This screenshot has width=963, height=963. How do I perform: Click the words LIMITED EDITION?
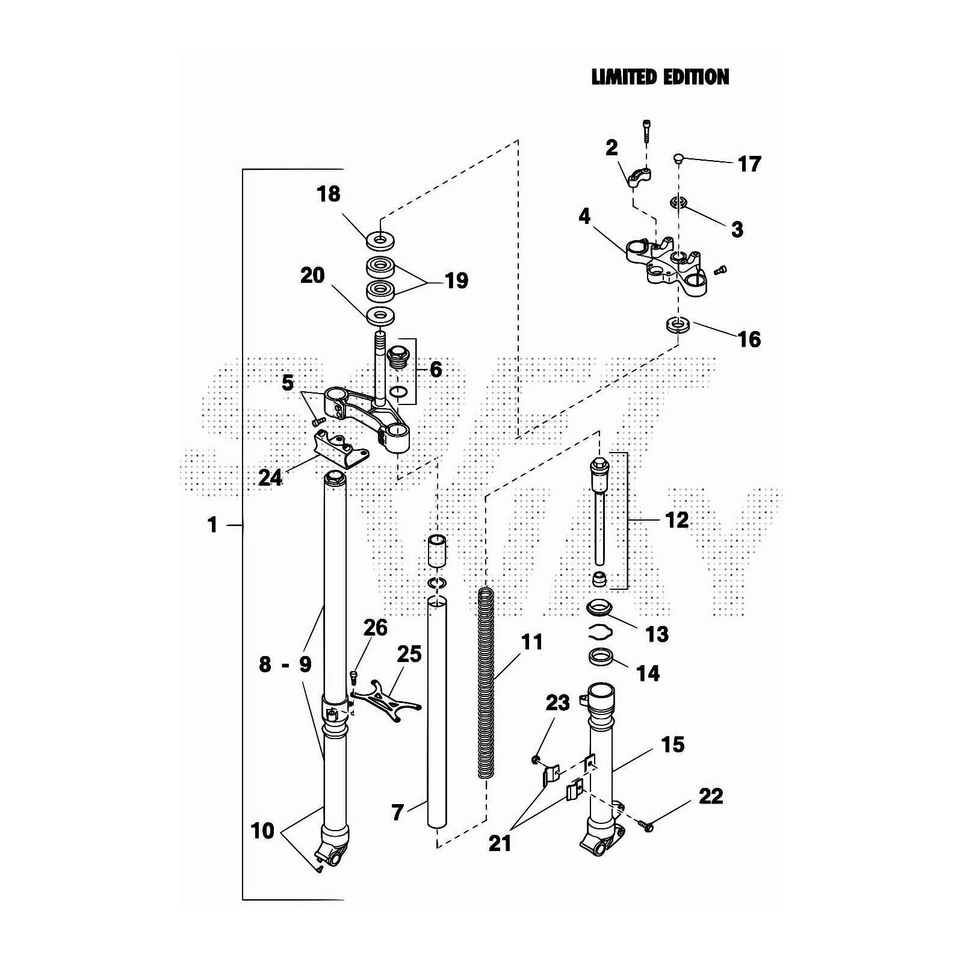[660, 77]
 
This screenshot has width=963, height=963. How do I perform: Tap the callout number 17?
[749, 164]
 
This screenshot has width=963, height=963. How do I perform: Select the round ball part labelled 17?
[678, 158]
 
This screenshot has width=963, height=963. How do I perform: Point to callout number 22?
[711, 796]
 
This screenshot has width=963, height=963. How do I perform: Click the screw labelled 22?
[647, 828]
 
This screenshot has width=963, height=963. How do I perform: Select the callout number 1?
[212, 525]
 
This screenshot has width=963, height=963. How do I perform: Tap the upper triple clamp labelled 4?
[665, 265]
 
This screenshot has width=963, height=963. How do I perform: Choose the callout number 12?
[677, 520]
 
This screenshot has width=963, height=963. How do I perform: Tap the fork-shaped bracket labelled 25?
[385, 701]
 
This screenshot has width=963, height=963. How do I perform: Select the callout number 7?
[397, 813]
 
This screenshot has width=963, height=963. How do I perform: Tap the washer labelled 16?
[678, 326]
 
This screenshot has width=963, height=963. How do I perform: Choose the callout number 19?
[456, 280]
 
